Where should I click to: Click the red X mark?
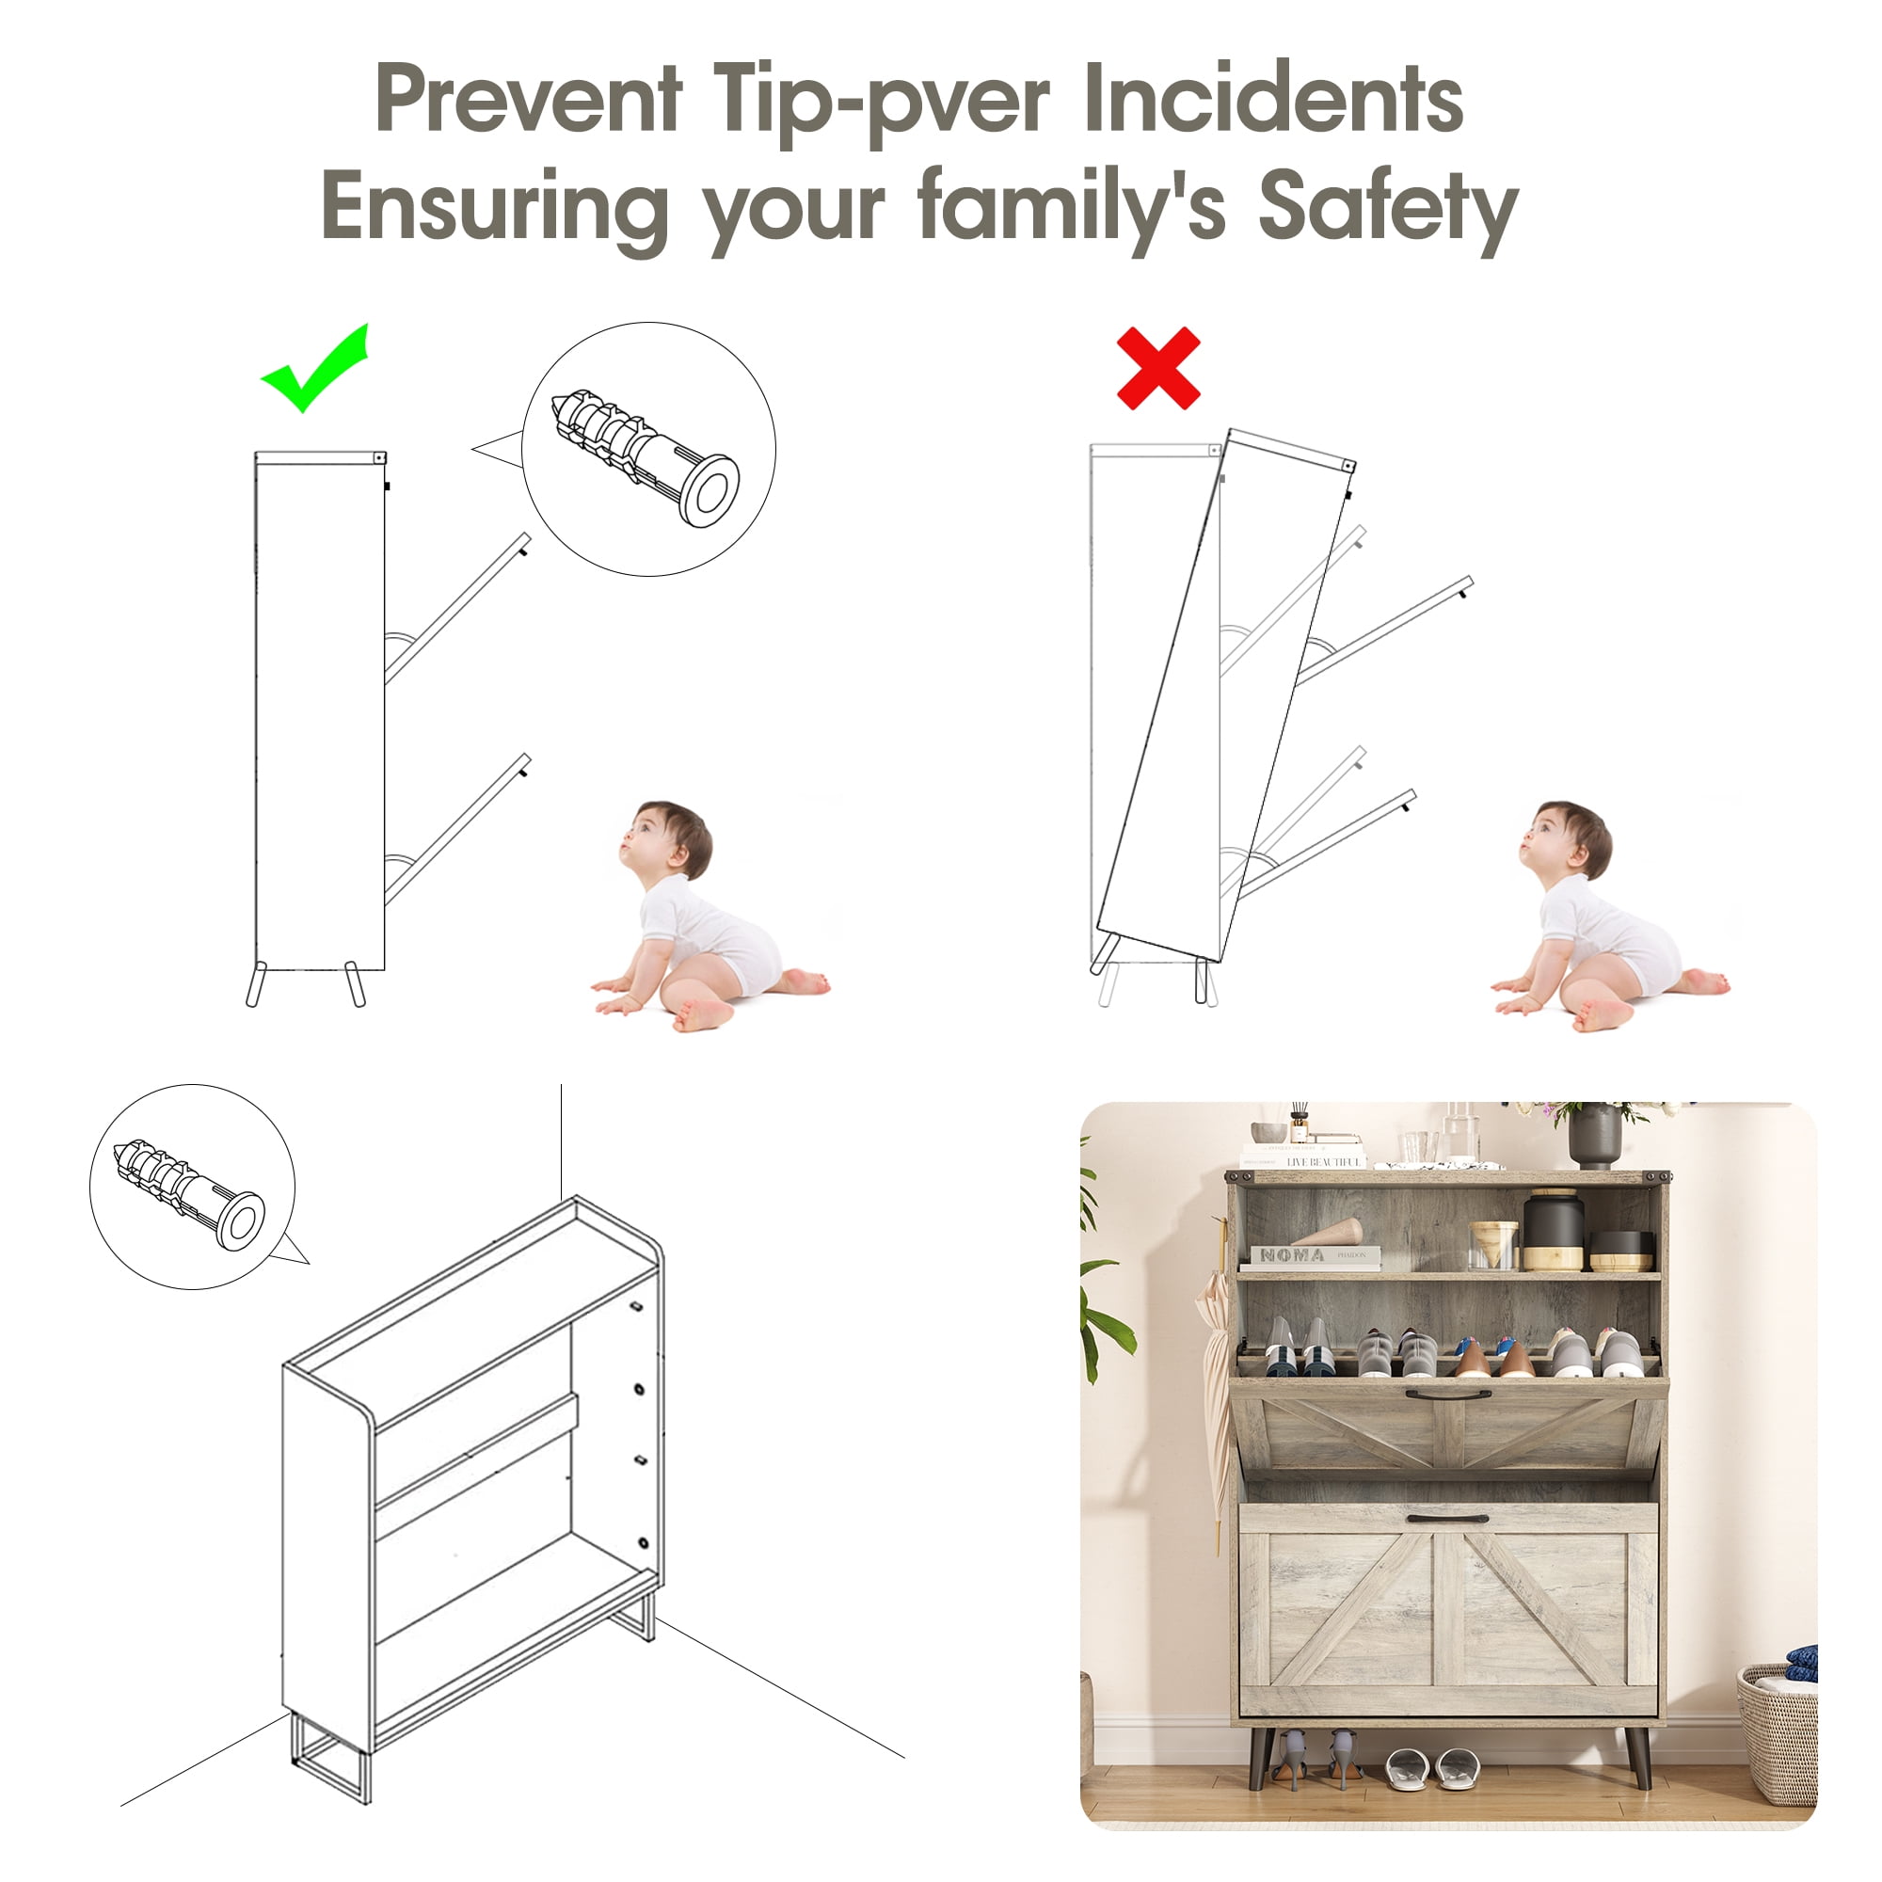1158,368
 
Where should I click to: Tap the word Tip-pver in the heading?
882,102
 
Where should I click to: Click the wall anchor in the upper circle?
645,458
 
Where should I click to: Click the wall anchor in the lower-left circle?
189,1193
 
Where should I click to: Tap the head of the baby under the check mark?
666,842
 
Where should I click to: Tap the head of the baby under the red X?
1566,842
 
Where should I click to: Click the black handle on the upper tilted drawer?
1447,1395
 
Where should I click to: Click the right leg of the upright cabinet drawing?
356,984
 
